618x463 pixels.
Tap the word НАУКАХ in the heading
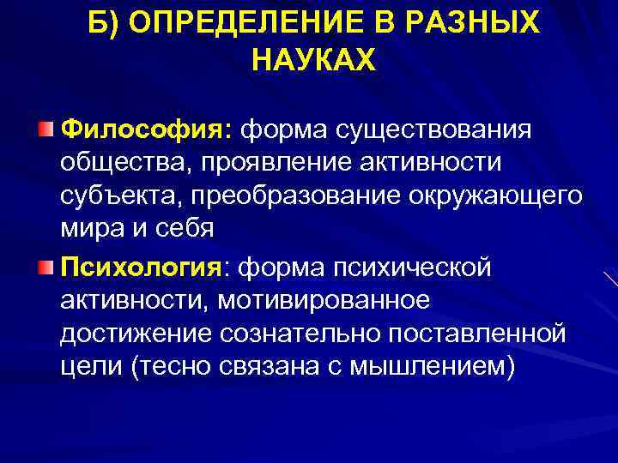tap(315, 61)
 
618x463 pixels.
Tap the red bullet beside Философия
tap(45, 129)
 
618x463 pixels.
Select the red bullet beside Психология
tap(45, 268)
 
